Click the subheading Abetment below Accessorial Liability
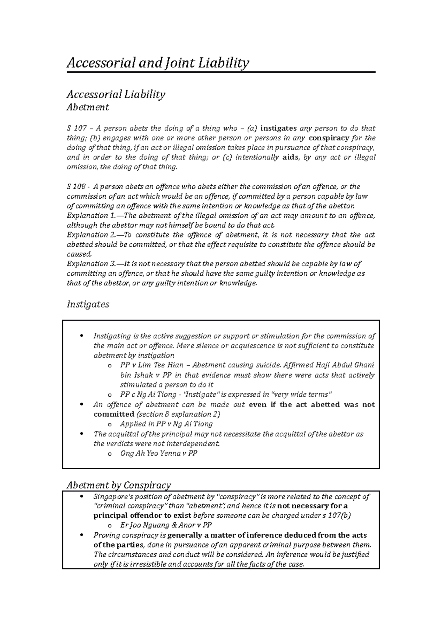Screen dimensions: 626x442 87,107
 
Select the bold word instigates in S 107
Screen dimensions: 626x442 278,128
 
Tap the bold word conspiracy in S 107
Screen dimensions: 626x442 329,138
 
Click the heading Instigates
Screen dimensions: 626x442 88,305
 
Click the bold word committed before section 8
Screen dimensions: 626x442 113,414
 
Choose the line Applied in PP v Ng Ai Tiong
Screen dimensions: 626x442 166,424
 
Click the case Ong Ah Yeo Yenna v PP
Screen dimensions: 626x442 158,453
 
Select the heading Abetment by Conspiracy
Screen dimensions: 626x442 119,485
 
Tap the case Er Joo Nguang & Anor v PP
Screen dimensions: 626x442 166,525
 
